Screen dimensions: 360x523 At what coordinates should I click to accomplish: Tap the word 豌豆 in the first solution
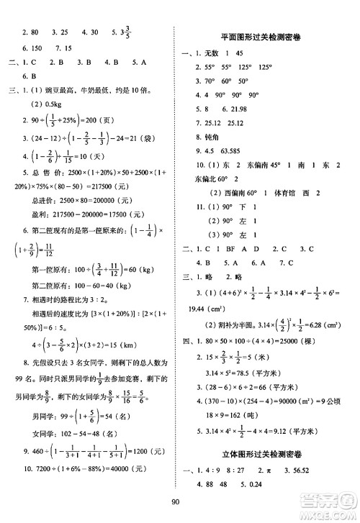coord(60,91)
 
